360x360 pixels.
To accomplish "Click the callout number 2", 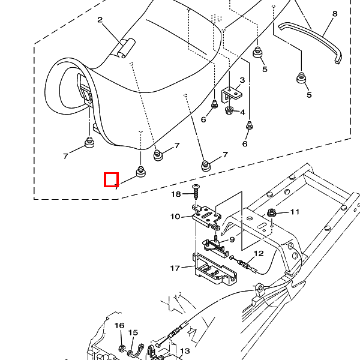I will pyautogui.click(x=100, y=19).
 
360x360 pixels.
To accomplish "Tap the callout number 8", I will pyautogui.click(x=335, y=13).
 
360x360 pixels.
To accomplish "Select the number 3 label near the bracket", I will pyautogui.click(x=242, y=80).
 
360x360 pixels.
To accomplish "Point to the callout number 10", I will pyautogui.click(x=175, y=217).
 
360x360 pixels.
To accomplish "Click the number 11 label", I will pyautogui.click(x=295, y=212).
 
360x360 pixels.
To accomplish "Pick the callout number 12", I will pyautogui.click(x=259, y=254).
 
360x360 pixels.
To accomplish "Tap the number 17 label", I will pyautogui.click(x=175, y=268).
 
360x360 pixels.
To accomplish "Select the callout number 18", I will pyautogui.click(x=176, y=194).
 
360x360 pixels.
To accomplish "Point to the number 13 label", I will pyautogui.click(x=185, y=351).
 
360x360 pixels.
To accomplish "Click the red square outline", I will pyautogui.click(x=111, y=179).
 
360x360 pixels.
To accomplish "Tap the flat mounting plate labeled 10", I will pyautogui.click(x=206, y=216).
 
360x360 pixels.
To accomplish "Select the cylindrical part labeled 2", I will pyautogui.click(x=125, y=48).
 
